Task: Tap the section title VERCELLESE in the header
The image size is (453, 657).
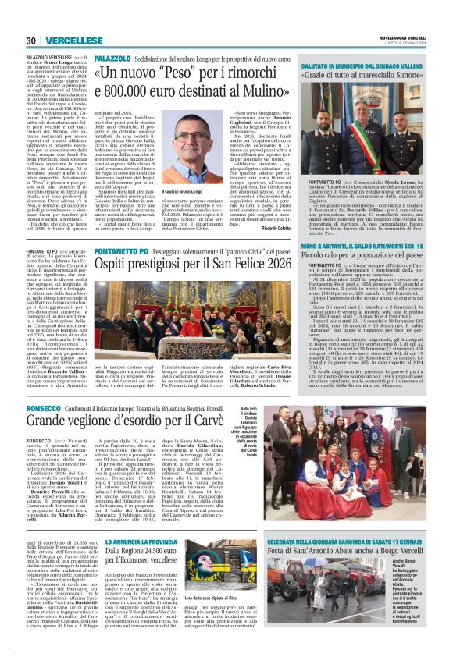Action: [73, 41]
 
